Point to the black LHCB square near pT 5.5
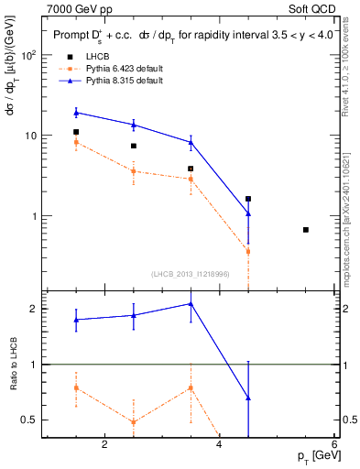pyautogui.click(x=306, y=229)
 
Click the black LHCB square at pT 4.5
pyautogui.click(x=248, y=199)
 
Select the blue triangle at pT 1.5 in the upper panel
pyautogui.click(x=76, y=113)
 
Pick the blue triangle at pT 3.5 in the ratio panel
pyautogui.click(x=191, y=303)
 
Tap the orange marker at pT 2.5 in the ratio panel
pyautogui.click(x=134, y=422)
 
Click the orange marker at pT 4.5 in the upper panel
pyautogui.click(x=248, y=251)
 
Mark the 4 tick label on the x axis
pyautogui.click(x=219, y=445)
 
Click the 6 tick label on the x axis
pyautogui.click(x=334, y=445)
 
